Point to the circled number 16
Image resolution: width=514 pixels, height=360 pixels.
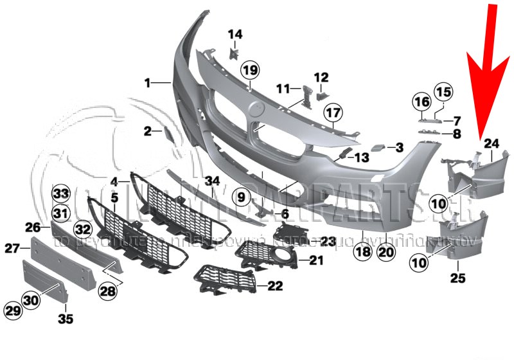tap(421, 102)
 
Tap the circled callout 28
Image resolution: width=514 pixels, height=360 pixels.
tap(109, 291)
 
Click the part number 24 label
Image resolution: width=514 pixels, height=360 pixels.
tap(492, 143)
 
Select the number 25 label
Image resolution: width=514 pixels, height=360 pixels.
tap(458, 278)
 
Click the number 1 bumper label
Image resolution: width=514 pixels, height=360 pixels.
tap(147, 83)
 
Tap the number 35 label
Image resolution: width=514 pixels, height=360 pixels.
tap(66, 318)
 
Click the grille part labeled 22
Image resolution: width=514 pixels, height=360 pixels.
tap(222, 281)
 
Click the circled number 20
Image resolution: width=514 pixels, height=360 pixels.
tap(385, 253)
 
